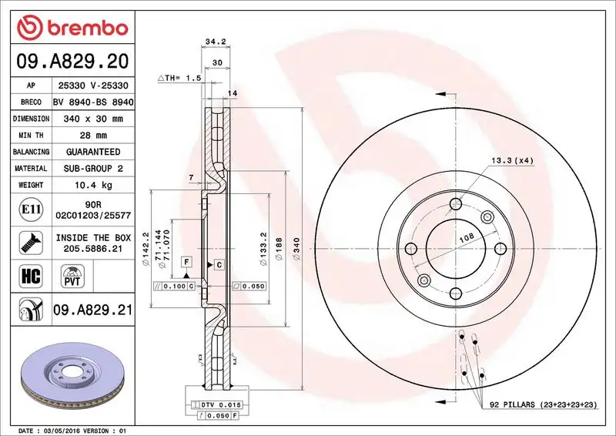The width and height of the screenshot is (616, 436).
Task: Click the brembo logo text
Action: [84, 28]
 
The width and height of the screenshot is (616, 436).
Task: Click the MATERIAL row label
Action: [32, 168]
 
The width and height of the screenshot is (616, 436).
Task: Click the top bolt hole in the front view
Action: [456, 203]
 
